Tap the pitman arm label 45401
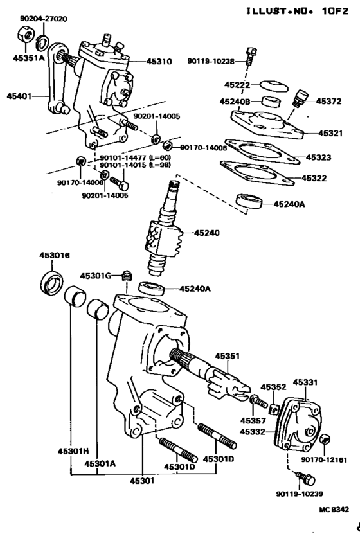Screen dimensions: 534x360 20,96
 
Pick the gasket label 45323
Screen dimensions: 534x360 319,157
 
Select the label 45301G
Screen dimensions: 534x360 96,276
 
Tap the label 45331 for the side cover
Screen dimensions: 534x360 306,382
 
